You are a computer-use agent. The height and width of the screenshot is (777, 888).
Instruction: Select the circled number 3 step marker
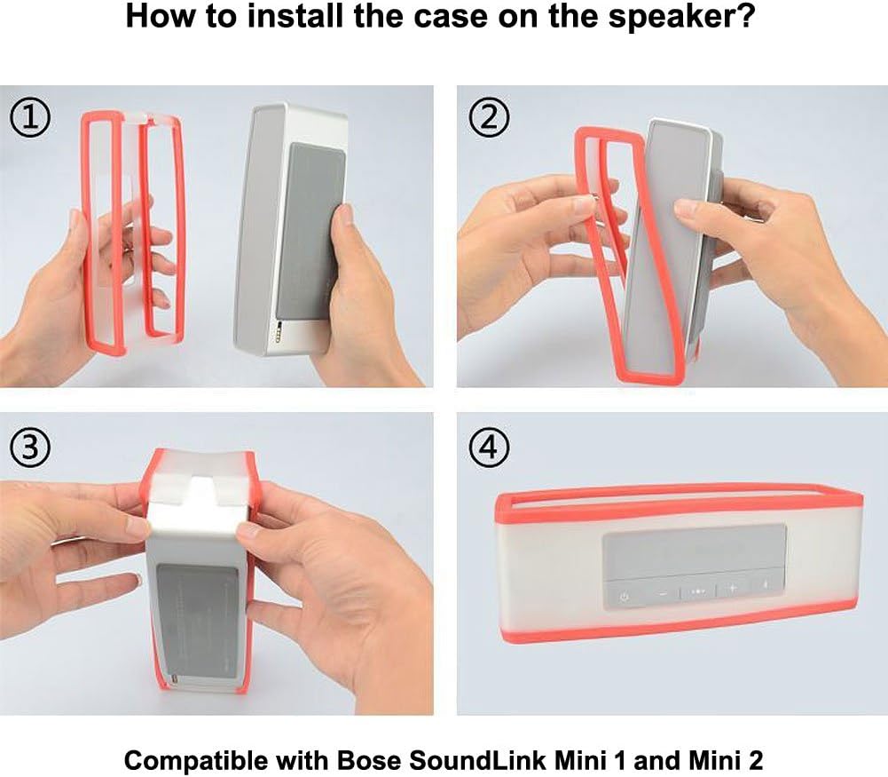point(30,448)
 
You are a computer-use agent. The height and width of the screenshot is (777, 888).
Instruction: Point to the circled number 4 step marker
point(489,448)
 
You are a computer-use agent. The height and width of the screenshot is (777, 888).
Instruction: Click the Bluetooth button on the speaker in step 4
point(766,585)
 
